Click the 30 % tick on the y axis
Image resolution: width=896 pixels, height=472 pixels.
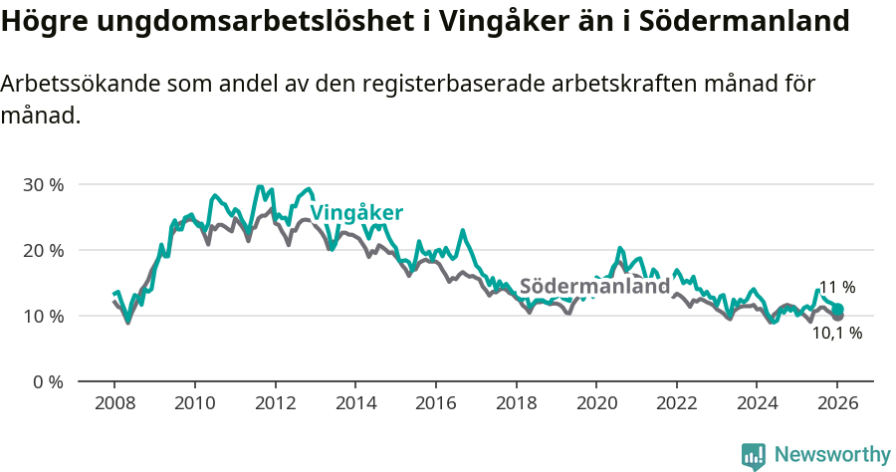[x=43, y=184]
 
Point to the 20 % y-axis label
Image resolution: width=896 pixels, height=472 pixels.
[x=43, y=250]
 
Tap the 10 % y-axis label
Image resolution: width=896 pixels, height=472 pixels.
[x=43, y=316]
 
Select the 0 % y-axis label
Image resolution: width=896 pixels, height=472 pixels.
[x=47, y=381]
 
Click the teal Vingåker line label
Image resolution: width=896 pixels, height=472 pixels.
[x=356, y=213]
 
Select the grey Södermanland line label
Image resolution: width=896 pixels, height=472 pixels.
[x=595, y=286]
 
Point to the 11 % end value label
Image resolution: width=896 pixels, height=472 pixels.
[x=837, y=288]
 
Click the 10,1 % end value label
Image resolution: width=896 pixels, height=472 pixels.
[x=837, y=334]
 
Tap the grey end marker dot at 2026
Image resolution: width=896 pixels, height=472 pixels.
[x=838, y=316]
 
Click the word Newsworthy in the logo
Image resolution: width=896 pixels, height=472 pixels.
[x=832, y=454]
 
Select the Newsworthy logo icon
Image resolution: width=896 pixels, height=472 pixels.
[x=754, y=455]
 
